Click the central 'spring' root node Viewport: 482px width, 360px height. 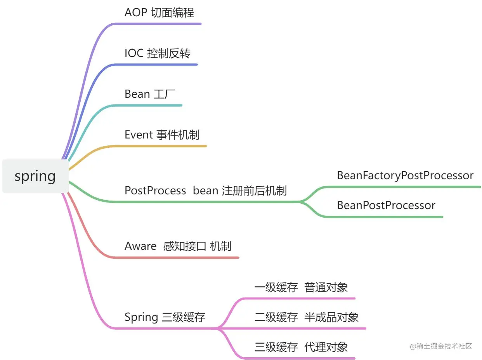[35, 176]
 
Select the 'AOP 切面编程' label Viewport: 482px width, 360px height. [159, 12]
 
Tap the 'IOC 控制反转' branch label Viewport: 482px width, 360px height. [158, 53]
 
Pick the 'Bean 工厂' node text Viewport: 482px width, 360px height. [147, 94]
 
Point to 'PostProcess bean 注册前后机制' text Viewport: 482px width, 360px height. [206, 190]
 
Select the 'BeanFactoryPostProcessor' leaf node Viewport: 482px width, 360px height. [405, 175]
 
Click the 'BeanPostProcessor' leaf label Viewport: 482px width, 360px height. [386, 205]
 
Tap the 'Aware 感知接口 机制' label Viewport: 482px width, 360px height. [178, 246]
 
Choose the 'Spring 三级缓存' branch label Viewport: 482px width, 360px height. [165, 317]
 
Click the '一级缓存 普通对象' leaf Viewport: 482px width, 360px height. [301, 287]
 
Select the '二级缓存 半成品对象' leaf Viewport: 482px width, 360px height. [307, 317]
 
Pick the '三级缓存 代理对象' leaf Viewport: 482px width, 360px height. [301, 346]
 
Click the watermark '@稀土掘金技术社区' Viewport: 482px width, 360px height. [441, 346]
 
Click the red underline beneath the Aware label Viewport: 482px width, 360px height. [175, 258]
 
